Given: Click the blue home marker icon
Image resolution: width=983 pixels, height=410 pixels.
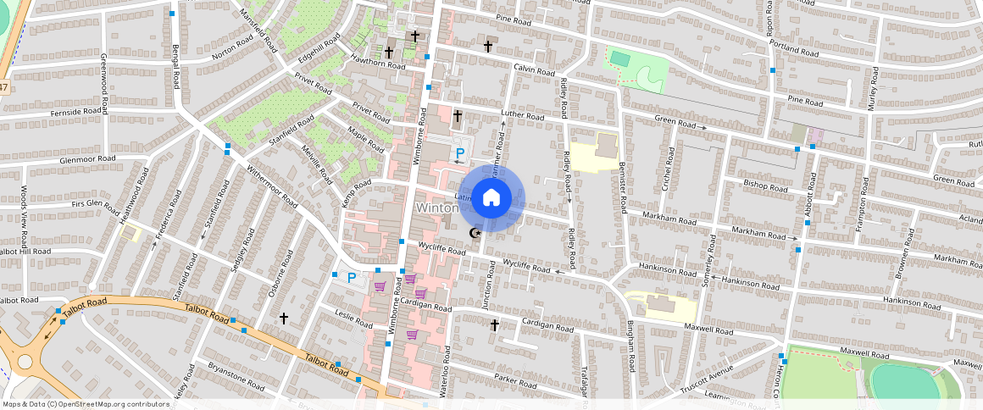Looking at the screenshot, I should [x=491, y=198].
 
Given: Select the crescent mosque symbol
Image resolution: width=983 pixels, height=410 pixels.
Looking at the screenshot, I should [x=475, y=233].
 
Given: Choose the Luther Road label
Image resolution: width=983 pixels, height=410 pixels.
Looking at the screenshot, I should [x=522, y=116].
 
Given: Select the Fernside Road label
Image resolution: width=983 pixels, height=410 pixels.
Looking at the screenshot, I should [x=52, y=112].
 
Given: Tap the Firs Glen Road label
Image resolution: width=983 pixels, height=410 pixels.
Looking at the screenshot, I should [x=96, y=204].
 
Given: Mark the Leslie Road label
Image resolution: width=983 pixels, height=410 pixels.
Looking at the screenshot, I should [x=353, y=322].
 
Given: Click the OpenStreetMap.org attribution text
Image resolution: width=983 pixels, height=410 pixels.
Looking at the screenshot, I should [x=85, y=404].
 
